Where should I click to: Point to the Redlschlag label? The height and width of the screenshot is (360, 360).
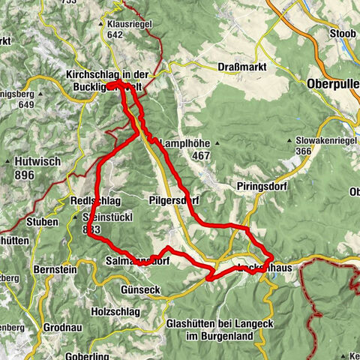tap(91, 202)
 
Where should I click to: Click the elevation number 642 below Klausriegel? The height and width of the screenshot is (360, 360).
tap(115, 34)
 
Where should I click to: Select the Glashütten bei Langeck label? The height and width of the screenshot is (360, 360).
tap(214, 324)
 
